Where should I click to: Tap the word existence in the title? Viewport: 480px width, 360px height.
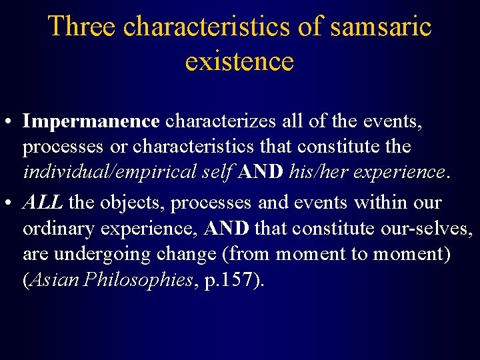[x=239, y=61]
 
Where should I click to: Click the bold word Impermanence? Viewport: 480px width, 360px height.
[x=91, y=121]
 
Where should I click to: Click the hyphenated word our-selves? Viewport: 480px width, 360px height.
[x=427, y=229]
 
